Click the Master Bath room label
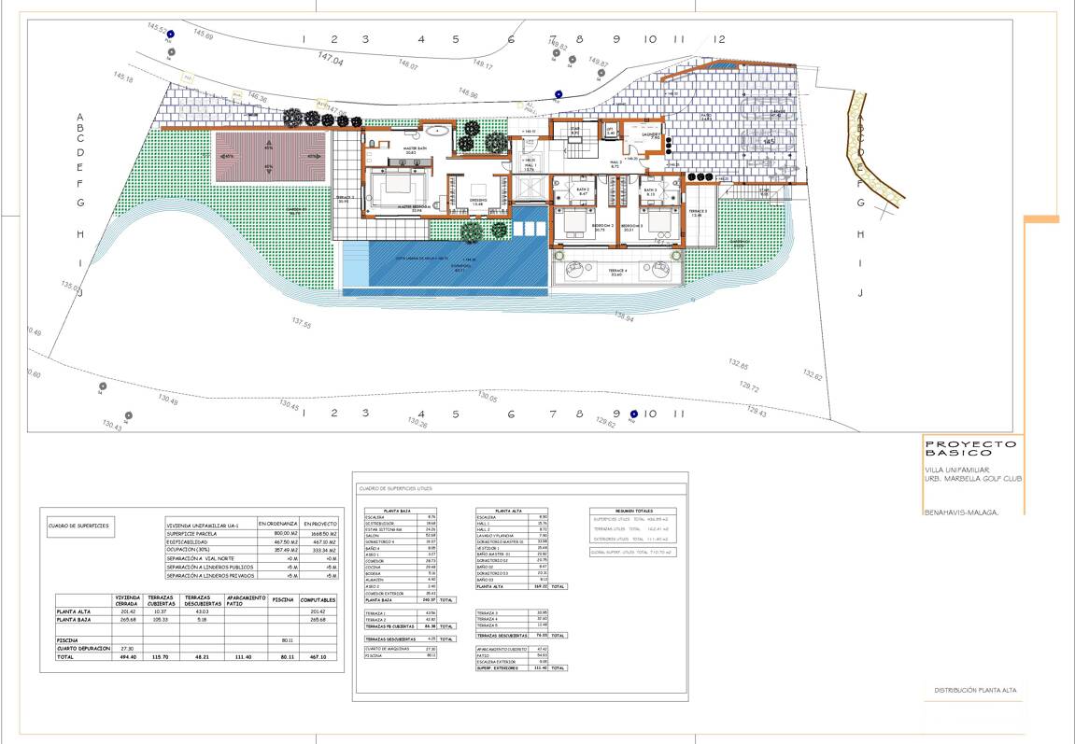pos(415,150)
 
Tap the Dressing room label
pos(476,203)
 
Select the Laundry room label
pos(650,135)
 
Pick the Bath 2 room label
pos(583,191)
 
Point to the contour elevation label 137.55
pos(301,324)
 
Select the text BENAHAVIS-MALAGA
pos(961,512)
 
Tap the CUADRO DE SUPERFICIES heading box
pos(78,526)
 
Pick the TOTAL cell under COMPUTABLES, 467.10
pos(318,657)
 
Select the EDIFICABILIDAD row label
pos(191,541)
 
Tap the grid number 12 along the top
pos(718,39)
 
